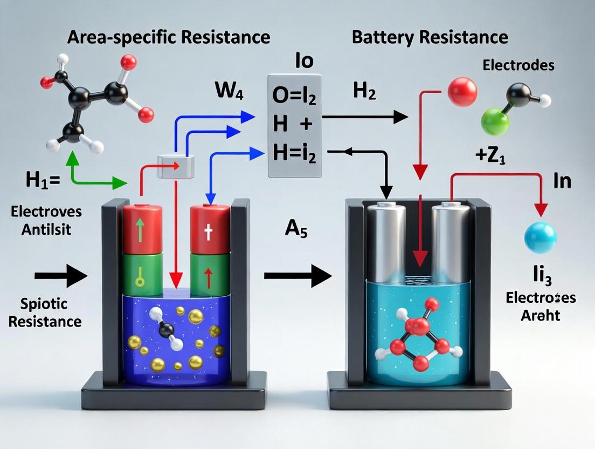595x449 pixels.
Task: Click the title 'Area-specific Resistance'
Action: pos(169,37)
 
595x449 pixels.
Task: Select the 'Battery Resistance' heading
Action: pos(430,37)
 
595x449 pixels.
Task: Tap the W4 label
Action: pos(229,91)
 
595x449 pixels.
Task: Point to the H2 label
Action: pos(365,92)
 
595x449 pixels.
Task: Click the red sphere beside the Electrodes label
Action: pos(462,92)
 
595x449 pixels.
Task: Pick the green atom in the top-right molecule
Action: pos(495,121)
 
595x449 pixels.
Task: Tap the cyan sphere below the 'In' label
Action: pos(540,237)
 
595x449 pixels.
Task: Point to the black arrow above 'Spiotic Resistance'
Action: pos(60,276)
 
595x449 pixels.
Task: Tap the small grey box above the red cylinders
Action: pos(175,166)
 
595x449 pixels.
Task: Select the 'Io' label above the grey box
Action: pos(304,62)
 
